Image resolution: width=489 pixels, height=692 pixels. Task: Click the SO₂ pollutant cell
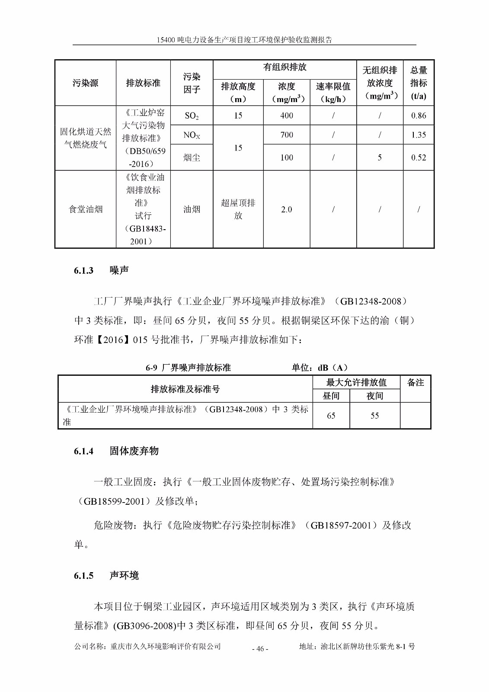tap(192, 115)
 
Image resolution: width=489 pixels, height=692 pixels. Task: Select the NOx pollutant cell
tap(192, 135)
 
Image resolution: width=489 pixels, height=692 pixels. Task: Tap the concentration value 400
tap(286, 115)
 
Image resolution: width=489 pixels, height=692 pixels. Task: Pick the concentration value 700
tap(286, 135)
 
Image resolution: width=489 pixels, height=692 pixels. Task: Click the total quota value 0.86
tap(418, 115)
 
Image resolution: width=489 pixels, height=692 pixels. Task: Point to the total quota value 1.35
tap(418, 135)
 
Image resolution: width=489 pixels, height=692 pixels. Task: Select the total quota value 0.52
tap(418, 157)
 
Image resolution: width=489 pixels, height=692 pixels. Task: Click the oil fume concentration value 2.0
tap(286, 209)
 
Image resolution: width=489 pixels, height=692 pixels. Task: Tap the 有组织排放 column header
tap(284, 67)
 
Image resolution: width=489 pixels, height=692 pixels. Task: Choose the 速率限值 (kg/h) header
tap(333, 93)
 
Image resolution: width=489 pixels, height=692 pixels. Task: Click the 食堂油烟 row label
tap(86, 209)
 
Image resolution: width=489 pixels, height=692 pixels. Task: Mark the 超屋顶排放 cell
tap(238, 209)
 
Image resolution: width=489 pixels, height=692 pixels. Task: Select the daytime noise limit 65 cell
tap(331, 416)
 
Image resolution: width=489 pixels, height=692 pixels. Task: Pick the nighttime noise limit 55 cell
tap(374, 416)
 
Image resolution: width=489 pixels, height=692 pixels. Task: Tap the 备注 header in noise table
tap(415, 383)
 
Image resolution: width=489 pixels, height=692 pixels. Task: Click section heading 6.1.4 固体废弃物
tap(116, 451)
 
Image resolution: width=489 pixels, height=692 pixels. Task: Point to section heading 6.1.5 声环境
tap(106, 576)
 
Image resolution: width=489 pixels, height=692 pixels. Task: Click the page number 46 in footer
tap(260, 648)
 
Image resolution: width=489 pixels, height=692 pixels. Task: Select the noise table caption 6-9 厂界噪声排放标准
tap(188, 368)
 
